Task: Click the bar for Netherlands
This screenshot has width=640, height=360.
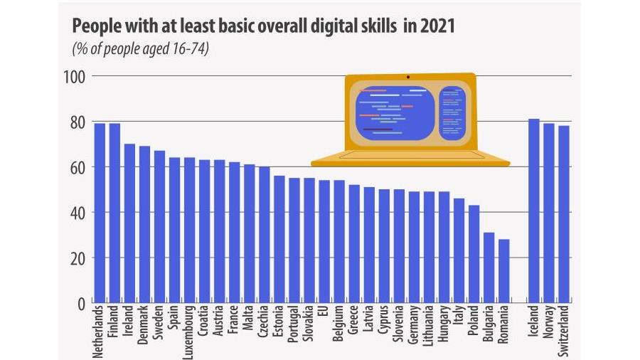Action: point(100,213)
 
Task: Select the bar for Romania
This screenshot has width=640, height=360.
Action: point(503,271)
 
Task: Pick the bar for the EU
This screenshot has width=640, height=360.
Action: point(324,241)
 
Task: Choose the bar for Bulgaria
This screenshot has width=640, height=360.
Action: point(489,268)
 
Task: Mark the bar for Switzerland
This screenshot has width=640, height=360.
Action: point(564,214)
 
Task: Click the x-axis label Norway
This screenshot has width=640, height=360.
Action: point(549,323)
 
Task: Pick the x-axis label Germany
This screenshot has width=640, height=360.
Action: point(414,327)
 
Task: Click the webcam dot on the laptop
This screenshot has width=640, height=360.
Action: point(408,76)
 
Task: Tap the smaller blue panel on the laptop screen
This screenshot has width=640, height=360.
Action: point(452,113)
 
